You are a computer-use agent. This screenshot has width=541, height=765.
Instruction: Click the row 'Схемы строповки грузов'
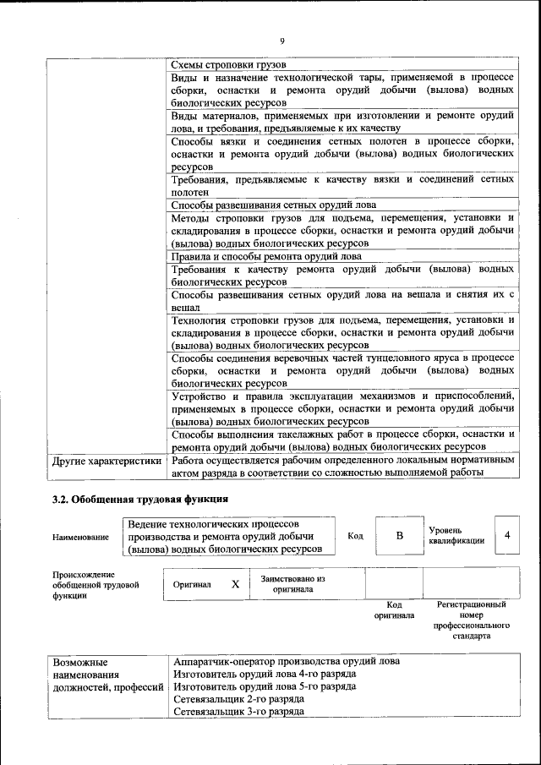229,65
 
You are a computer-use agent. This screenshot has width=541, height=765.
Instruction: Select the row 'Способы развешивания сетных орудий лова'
273,205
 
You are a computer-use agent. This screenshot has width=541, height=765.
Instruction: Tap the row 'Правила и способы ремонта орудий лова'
266,256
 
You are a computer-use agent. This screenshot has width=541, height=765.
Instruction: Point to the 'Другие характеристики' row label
107,462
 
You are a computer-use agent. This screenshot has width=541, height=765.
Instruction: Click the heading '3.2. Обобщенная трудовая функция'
139,500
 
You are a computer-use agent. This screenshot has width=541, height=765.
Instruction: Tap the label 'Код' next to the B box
355,536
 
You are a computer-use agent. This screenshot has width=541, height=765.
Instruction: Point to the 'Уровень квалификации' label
456,536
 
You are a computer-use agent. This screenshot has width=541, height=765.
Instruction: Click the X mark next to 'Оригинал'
236,584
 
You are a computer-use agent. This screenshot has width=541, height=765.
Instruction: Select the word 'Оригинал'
192,584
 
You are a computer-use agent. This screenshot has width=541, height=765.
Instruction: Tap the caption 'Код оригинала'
394,610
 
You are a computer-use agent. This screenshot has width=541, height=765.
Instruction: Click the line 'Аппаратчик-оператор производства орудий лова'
286,661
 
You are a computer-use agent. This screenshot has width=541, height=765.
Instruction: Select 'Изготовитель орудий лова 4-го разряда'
265,675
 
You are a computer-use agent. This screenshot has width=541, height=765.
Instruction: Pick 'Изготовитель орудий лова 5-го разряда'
265,687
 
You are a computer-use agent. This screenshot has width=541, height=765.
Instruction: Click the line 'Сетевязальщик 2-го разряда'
238,700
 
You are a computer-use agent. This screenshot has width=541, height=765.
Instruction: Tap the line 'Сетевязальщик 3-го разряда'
238,713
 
